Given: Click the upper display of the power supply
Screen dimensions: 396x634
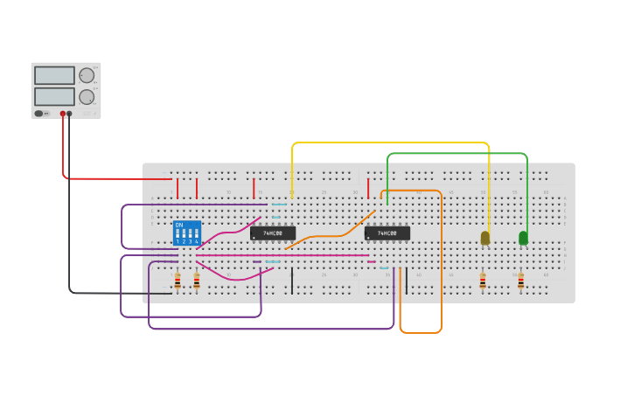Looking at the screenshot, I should [54, 75].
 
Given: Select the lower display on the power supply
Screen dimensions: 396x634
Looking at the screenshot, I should [54, 96].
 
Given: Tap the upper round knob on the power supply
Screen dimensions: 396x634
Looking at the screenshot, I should [87, 75].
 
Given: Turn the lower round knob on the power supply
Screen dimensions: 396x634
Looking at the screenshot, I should [87, 97].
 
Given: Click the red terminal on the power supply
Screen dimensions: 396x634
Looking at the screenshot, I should [63, 114].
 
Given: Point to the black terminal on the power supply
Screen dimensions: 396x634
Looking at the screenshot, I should [69, 114].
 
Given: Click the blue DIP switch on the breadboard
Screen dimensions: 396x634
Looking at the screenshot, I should [187, 233].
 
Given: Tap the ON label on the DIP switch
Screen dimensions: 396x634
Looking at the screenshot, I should [179, 226].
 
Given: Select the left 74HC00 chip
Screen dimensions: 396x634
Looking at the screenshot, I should [273, 233].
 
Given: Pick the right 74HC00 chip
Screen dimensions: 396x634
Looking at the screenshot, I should [387, 233].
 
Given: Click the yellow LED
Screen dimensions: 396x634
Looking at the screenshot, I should [485, 238].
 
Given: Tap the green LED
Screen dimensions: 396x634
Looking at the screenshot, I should [523, 238].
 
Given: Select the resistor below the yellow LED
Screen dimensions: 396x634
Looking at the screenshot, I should [483, 281].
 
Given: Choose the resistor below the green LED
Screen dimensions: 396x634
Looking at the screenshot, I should [520, 281].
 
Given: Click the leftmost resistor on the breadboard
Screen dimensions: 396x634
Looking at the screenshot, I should [178, 281].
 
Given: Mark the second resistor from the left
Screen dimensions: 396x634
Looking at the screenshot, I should [197, 281].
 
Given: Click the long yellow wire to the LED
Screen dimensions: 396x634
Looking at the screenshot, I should [389, 142].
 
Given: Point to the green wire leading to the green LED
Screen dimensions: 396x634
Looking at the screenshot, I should [455, 154].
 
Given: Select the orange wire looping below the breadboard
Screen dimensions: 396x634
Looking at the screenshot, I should [420, 332].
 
